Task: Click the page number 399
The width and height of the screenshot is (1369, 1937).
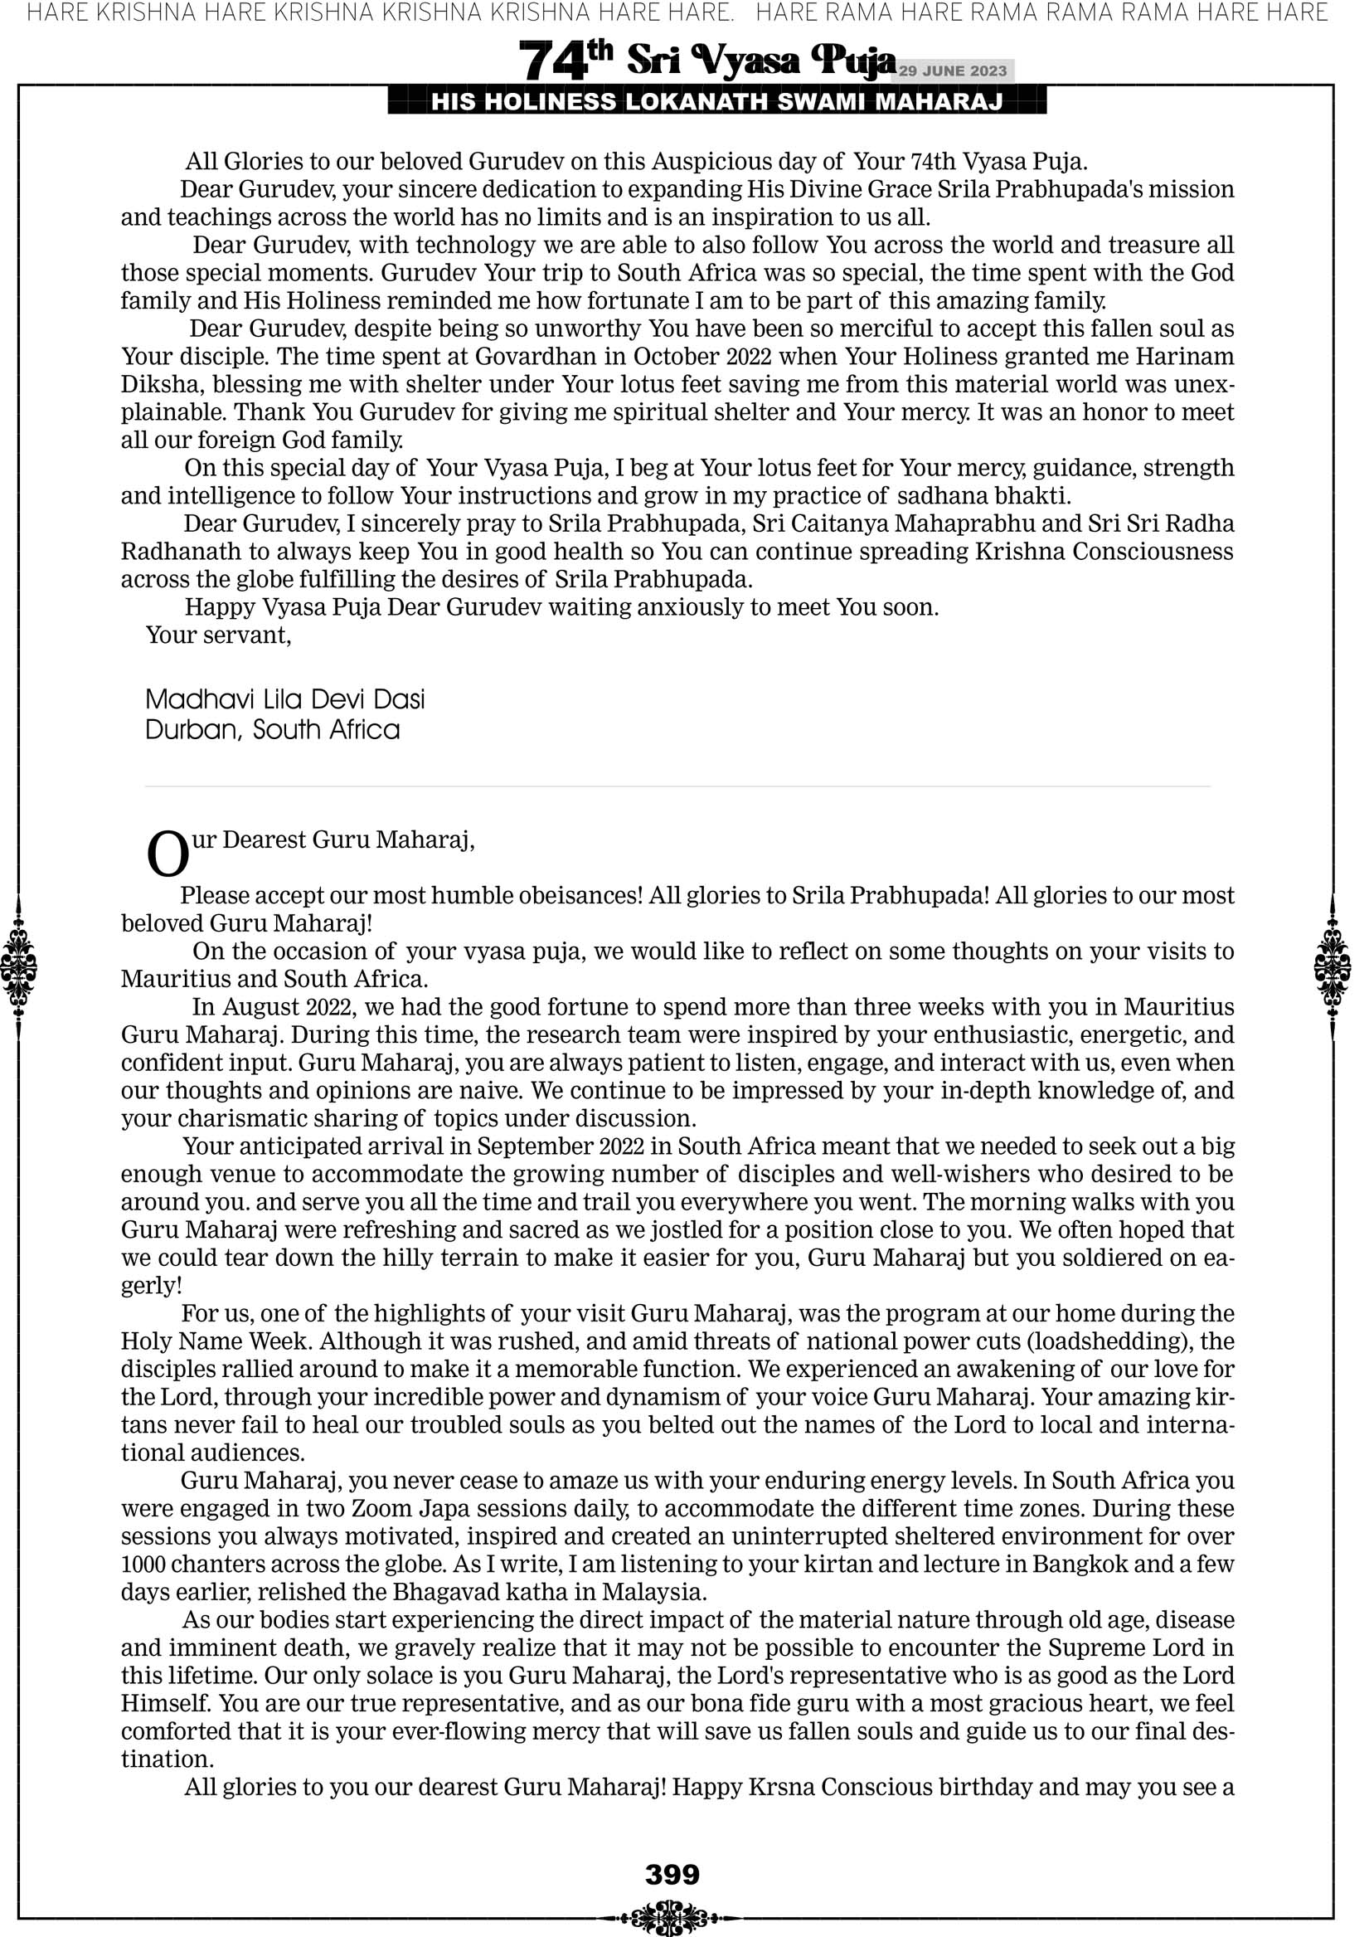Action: click(672, 1874)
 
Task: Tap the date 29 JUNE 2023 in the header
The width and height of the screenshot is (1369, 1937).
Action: click(952, 71)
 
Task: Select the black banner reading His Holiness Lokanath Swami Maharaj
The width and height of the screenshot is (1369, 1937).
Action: click(716, 102)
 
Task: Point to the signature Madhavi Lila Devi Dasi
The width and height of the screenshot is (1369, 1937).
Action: click(285, 699)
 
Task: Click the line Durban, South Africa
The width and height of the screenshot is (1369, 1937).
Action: click(273, 730)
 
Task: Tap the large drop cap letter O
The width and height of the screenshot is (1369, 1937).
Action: click(167, 854)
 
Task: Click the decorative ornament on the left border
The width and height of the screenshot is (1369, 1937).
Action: click(18, 967)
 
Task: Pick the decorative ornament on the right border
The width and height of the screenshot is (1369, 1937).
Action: click(1333, 967)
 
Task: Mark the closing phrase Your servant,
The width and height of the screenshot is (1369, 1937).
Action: click(218, 635)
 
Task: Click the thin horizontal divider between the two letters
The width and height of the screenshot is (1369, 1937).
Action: click(677, 786)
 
